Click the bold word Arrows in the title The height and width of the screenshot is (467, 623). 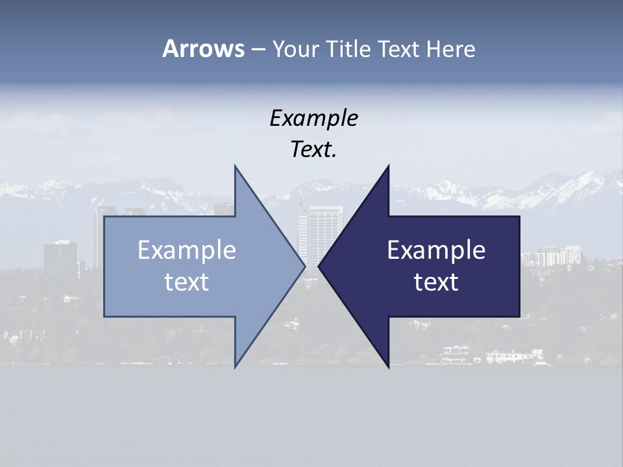point(203,49)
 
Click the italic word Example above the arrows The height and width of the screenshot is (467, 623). point(313,118)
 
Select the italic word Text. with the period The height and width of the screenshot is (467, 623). point(313,150)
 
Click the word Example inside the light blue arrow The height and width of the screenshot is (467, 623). point(187,250)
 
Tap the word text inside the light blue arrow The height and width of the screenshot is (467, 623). point(187,282)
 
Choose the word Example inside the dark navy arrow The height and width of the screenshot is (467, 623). point(436,250)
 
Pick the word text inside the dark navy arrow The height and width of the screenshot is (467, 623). point(436,282)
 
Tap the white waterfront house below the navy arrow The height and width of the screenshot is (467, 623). point(513,356)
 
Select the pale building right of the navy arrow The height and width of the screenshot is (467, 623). point(552,256)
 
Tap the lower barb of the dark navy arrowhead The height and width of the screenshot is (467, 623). point(388,365)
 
